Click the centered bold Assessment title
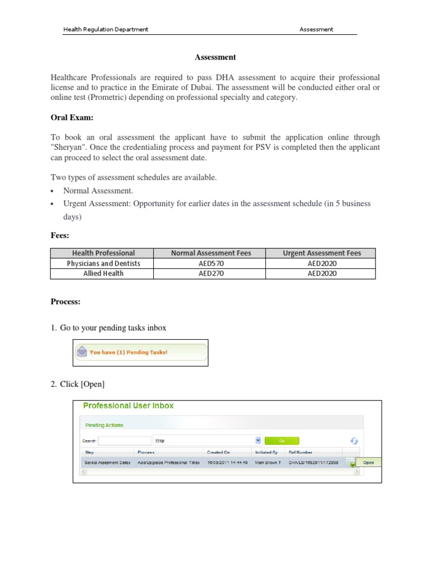tap(215, 57)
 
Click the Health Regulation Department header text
tap(106, 29)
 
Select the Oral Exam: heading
tap(72, 117)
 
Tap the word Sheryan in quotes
tap(70, 147)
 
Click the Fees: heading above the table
tap(59, 236)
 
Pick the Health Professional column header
tap(103, 253)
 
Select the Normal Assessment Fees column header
tap(211, 253)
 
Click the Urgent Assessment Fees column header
tap(322, 253)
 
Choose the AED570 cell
tap(211, 263)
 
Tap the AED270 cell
tap(211, 273)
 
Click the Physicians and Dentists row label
tap(103, 263)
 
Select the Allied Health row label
tap(103, 273)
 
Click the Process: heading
tap(66, 302)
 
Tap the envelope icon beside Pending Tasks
tap(82, 352)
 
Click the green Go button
tap(282, 441)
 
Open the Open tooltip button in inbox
tap(368, 463)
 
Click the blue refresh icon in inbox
tap(354, 441)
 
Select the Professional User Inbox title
tap(129, 405)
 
